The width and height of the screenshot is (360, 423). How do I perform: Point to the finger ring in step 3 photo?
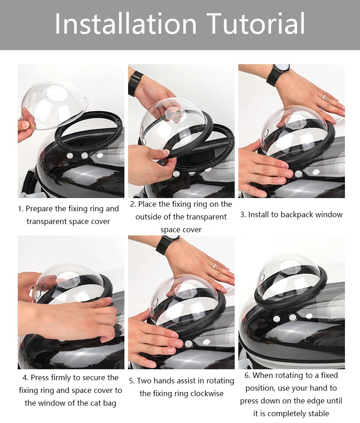[x=324, y=97]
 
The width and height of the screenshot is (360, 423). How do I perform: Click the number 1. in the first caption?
[x=21, y=209]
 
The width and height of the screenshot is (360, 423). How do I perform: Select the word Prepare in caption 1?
[x=41, y=209]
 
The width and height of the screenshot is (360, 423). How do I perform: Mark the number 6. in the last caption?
[x=247, y=376]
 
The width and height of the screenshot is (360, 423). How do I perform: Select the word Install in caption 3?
[x=260, y=214]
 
